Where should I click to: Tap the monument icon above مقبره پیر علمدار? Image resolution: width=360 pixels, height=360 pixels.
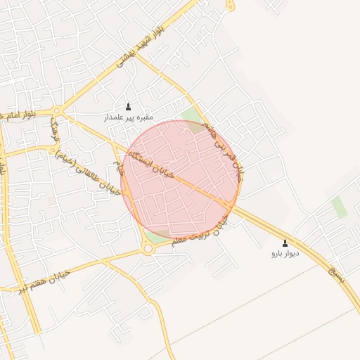pos(128,107)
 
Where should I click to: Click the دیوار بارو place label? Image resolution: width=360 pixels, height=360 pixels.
pos(285,253)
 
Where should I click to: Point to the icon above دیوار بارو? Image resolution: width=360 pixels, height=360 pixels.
pos(285,243)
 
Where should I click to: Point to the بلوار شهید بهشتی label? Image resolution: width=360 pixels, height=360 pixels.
pos(141,45)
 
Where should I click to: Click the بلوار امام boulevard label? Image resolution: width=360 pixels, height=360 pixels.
pos(27,115)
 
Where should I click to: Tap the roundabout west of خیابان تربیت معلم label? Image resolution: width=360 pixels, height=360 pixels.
pos(148,249)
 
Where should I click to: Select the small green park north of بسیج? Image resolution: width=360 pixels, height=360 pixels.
pos(340,207)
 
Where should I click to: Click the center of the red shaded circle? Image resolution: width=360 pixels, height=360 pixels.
pos(181,179)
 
